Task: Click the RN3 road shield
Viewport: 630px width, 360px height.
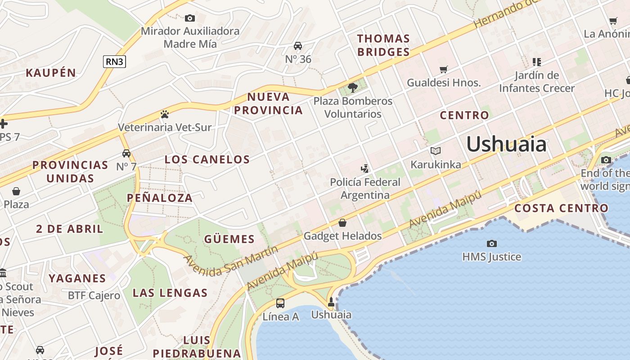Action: tap(114, 62)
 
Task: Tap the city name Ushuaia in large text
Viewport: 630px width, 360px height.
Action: tap(506, 144)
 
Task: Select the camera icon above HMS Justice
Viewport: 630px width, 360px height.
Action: tap(492, 243)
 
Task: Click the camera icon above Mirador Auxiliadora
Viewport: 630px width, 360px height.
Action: tap(190, 18)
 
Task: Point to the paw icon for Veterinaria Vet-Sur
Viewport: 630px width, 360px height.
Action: tap(164, 114)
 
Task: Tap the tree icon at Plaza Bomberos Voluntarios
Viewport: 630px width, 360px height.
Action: tap(353, 88)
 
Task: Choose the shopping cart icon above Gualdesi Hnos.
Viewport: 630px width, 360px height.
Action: tap(444, 69)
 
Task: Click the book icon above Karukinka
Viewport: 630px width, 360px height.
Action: tap(435, 151)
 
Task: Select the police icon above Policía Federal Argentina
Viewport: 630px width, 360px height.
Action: tap(365, 169)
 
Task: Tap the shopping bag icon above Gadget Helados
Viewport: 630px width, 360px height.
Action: tap(342, 223)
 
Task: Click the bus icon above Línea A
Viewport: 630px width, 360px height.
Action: tap(280, 303)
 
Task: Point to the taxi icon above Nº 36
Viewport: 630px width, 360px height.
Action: tap(298, 46)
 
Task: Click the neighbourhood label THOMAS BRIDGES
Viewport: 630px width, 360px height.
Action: tap(383, 45)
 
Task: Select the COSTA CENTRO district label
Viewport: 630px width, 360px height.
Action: tap(561, 208)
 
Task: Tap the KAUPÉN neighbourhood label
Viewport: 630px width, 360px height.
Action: tap(51, 73)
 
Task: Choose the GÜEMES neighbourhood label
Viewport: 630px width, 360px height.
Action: tap(229, 239)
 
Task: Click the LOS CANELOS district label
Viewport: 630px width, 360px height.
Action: tap(207, 159)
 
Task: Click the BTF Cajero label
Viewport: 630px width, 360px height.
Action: tap(94, 296)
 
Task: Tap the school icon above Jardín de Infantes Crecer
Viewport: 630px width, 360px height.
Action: tap(536, 62)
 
